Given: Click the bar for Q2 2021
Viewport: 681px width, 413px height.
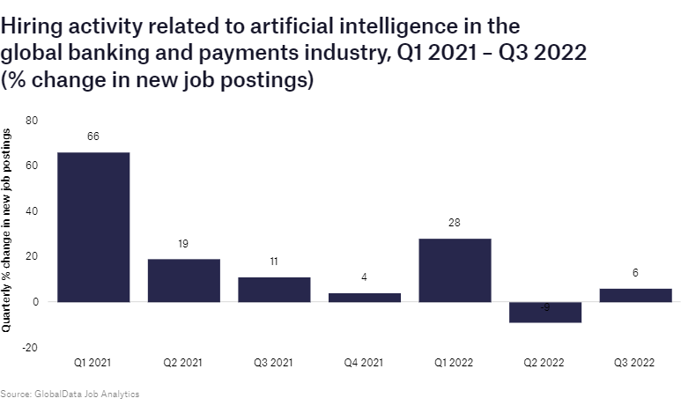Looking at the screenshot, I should (183, 280).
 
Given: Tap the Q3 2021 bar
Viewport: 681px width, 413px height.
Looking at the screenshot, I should (274, 290).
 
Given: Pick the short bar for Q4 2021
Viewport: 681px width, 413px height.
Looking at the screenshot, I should (365, 298).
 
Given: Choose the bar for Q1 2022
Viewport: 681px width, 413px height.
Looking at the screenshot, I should (455, 270).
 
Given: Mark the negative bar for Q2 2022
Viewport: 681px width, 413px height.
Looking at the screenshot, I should (545, 313).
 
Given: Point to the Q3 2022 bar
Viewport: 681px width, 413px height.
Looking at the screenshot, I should (635, 295).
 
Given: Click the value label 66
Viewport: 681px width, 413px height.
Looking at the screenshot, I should (93, 136).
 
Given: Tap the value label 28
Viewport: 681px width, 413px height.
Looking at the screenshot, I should (455, 223).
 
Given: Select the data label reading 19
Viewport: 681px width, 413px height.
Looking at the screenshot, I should (183, 243).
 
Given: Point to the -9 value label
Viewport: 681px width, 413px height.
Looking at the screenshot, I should (545, 307).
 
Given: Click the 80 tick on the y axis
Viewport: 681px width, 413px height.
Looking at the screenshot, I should (32, 121).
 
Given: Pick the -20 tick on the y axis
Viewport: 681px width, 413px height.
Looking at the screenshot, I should (30, 348).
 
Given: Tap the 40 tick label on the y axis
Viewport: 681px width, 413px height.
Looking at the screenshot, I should (32, 211).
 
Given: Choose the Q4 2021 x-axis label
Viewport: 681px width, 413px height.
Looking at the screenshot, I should (365, 362).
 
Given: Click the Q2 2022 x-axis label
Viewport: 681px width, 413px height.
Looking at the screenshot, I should (545, 362).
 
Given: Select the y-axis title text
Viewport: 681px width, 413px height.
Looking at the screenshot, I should (7, 229).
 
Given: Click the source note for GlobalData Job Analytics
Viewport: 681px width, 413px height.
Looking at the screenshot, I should (70, 394).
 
